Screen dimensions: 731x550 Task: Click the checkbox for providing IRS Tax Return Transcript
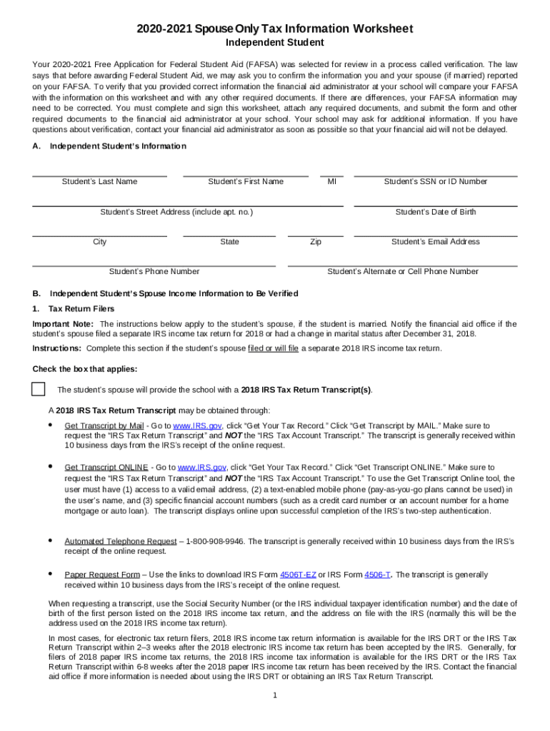click(x=39, y=389)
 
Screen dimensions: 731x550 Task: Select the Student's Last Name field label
click(x=99, y=181)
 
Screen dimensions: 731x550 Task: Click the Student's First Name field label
click(x=245, y=181)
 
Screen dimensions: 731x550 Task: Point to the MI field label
click(x=331, y=181)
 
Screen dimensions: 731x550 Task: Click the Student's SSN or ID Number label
click(x=435, y=181)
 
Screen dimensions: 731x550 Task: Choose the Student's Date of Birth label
click(x=435, y=212)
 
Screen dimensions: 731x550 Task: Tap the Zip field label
click(x=315, y=242)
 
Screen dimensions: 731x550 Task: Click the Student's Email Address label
click(x=435, y=242)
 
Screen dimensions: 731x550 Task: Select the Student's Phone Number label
click(x=154, y=271)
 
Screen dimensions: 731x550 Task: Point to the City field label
click(x=99, y=242)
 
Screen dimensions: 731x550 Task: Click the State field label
click(x=229, y=242)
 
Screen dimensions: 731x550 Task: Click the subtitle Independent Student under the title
click(x=275, y=43)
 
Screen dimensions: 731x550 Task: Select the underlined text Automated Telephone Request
click(x=120, y=541)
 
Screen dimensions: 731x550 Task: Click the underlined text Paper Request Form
click(x=102, y=575)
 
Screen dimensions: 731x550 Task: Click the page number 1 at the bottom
click(x=275, y=696)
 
